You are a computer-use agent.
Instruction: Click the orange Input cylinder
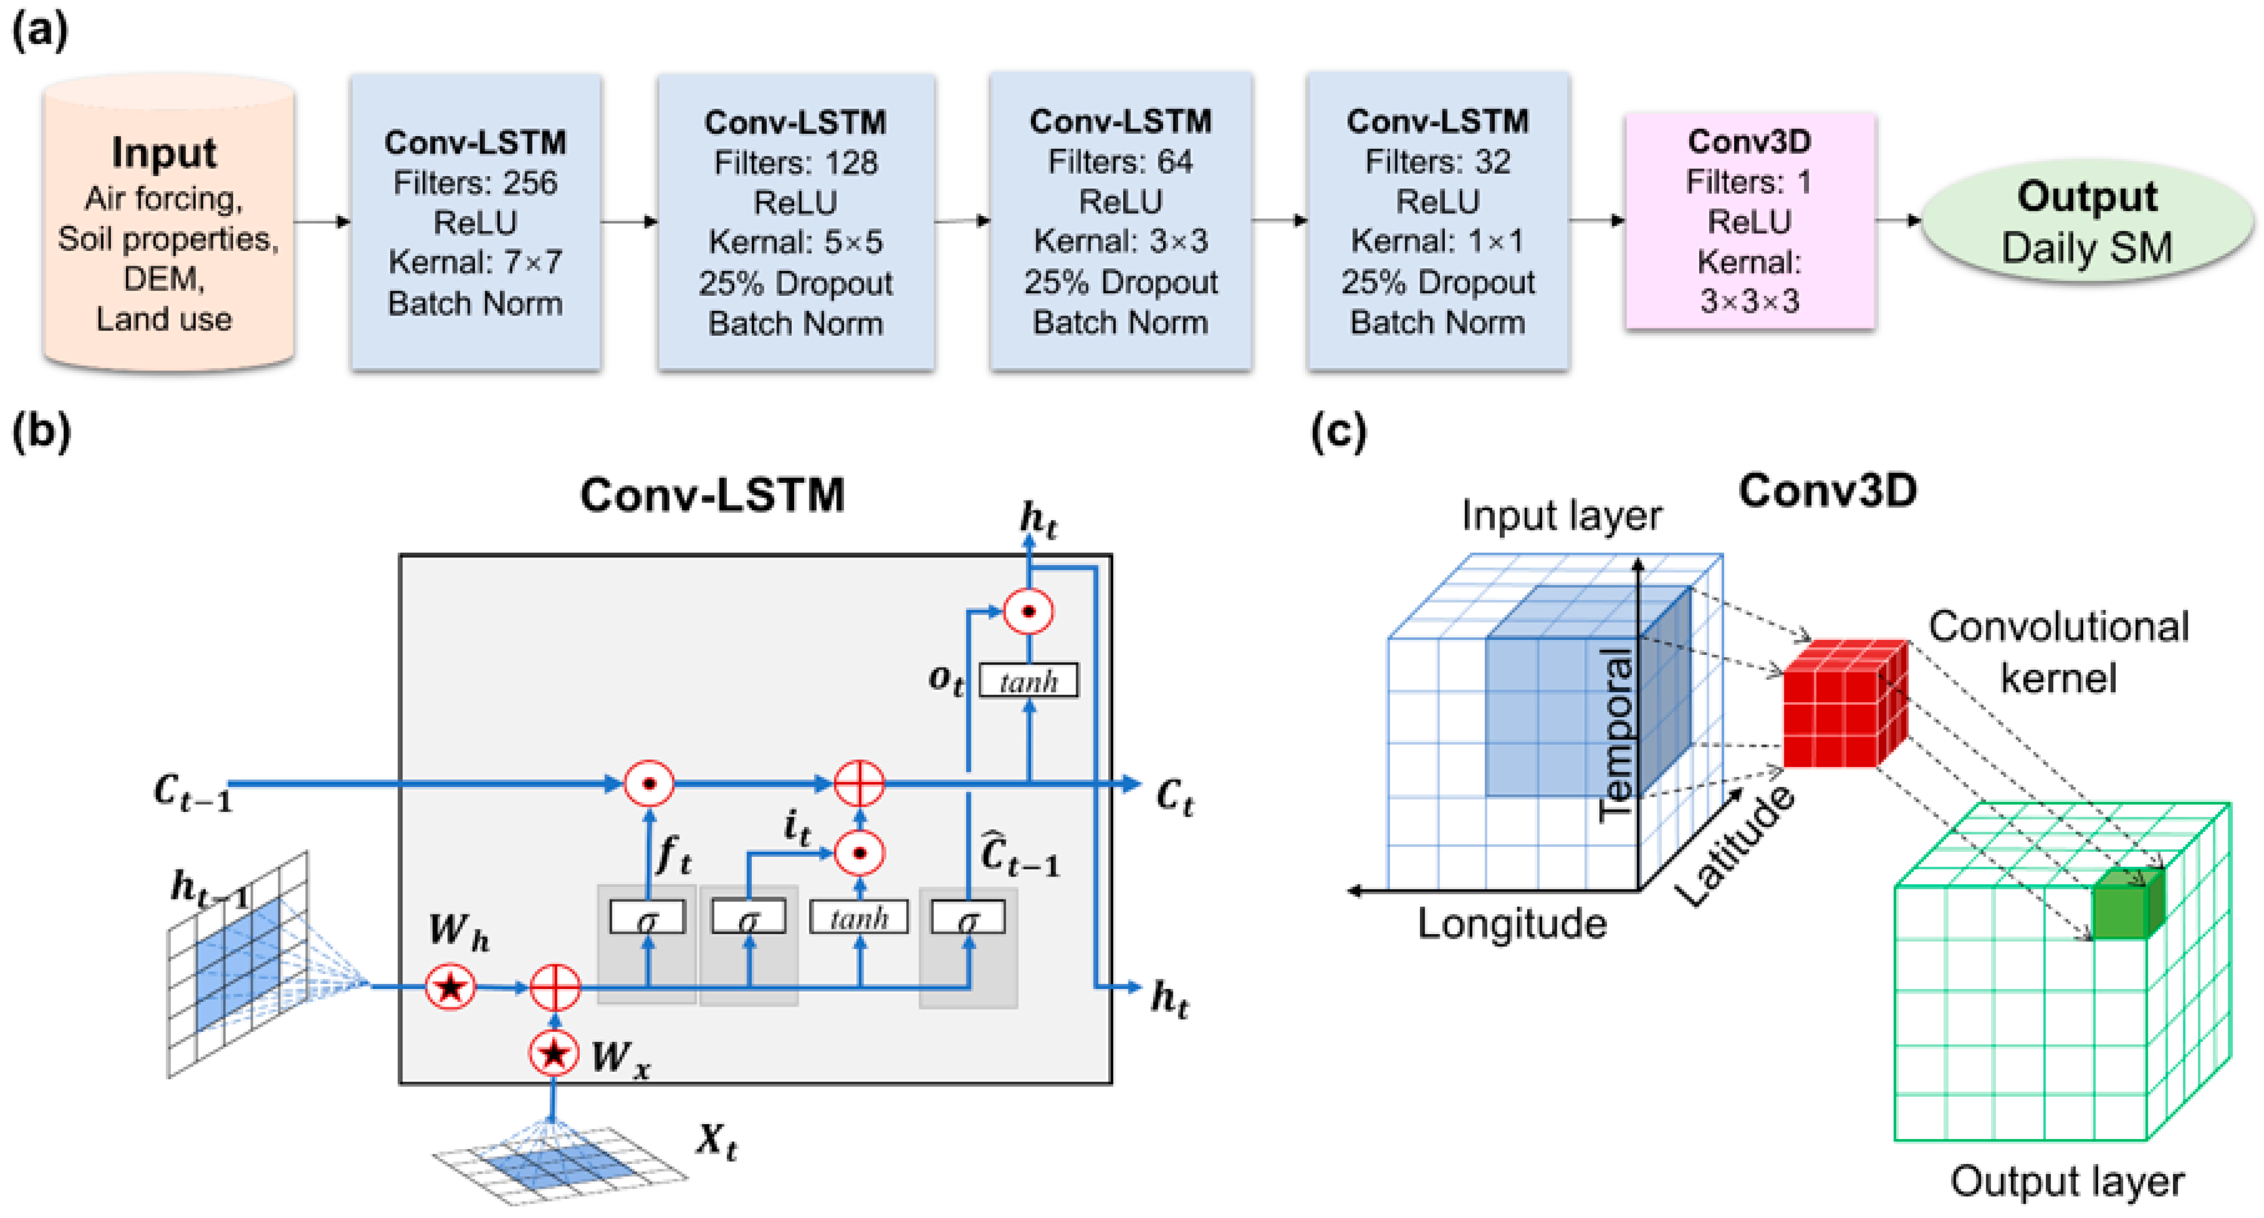coord(167,224)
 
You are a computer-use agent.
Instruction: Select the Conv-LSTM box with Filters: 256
coord(476,222)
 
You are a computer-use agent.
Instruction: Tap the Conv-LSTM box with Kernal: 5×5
coord(795,222)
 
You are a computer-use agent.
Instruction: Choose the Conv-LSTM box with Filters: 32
coord(1437,222)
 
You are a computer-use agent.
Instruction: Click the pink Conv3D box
coord(1749,221)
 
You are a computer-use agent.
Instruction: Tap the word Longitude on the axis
coord(1512,924)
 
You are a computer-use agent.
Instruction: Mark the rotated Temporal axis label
coord(1615,734)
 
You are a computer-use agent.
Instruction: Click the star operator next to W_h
coord(451,987)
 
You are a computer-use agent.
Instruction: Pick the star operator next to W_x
coord(554,1053)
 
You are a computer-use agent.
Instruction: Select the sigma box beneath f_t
coord(648,919)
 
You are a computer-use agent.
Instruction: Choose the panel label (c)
coord(1338,431)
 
